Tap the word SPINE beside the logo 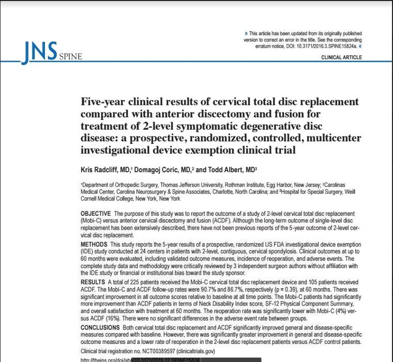(x=70, y=57)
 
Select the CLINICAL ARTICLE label (x=342, y=57)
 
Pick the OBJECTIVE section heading (x=96, y=214)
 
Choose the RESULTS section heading (x=93, y=281)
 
